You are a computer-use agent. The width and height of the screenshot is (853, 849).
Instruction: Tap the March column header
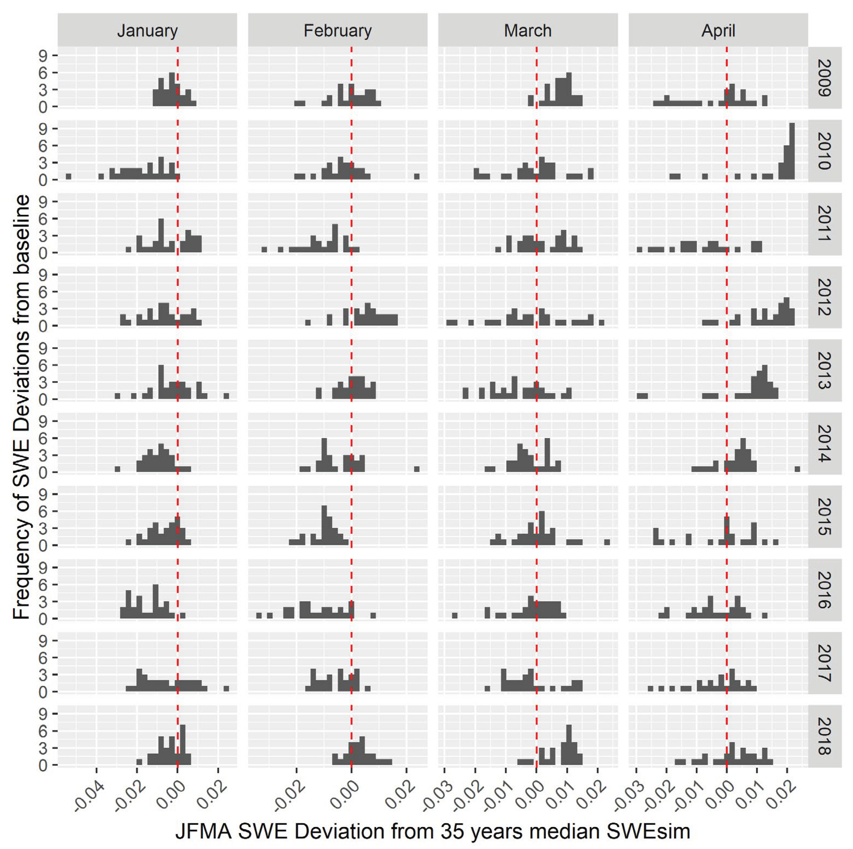tap(528, 30)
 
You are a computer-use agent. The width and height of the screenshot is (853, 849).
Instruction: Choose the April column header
tap(718, 30)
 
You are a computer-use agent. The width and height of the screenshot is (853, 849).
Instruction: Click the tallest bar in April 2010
tap(792, 151)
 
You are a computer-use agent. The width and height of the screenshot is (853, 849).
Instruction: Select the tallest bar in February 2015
tap(324, 525)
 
